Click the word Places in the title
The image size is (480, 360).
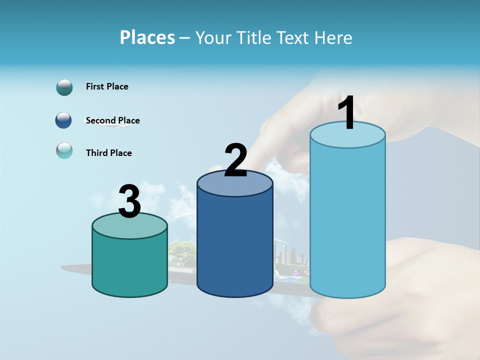[x=147, y=37]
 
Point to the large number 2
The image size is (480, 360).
[x=236, y=161]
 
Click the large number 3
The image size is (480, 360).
[x=129, y=202]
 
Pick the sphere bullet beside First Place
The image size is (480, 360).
[x=64, y=87]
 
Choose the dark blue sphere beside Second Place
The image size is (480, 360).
[x=63, y=120]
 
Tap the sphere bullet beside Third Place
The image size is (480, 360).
[x=64, y=150]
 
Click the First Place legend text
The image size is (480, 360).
[x=107, y=86]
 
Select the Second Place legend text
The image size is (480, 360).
[x=112, y=120]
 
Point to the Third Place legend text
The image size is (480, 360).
[x=108, y=153]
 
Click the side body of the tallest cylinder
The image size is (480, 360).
[x=347, y=220]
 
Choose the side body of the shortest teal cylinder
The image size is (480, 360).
[x=129, y=265]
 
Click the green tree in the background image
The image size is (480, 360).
[x=182, y=250]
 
